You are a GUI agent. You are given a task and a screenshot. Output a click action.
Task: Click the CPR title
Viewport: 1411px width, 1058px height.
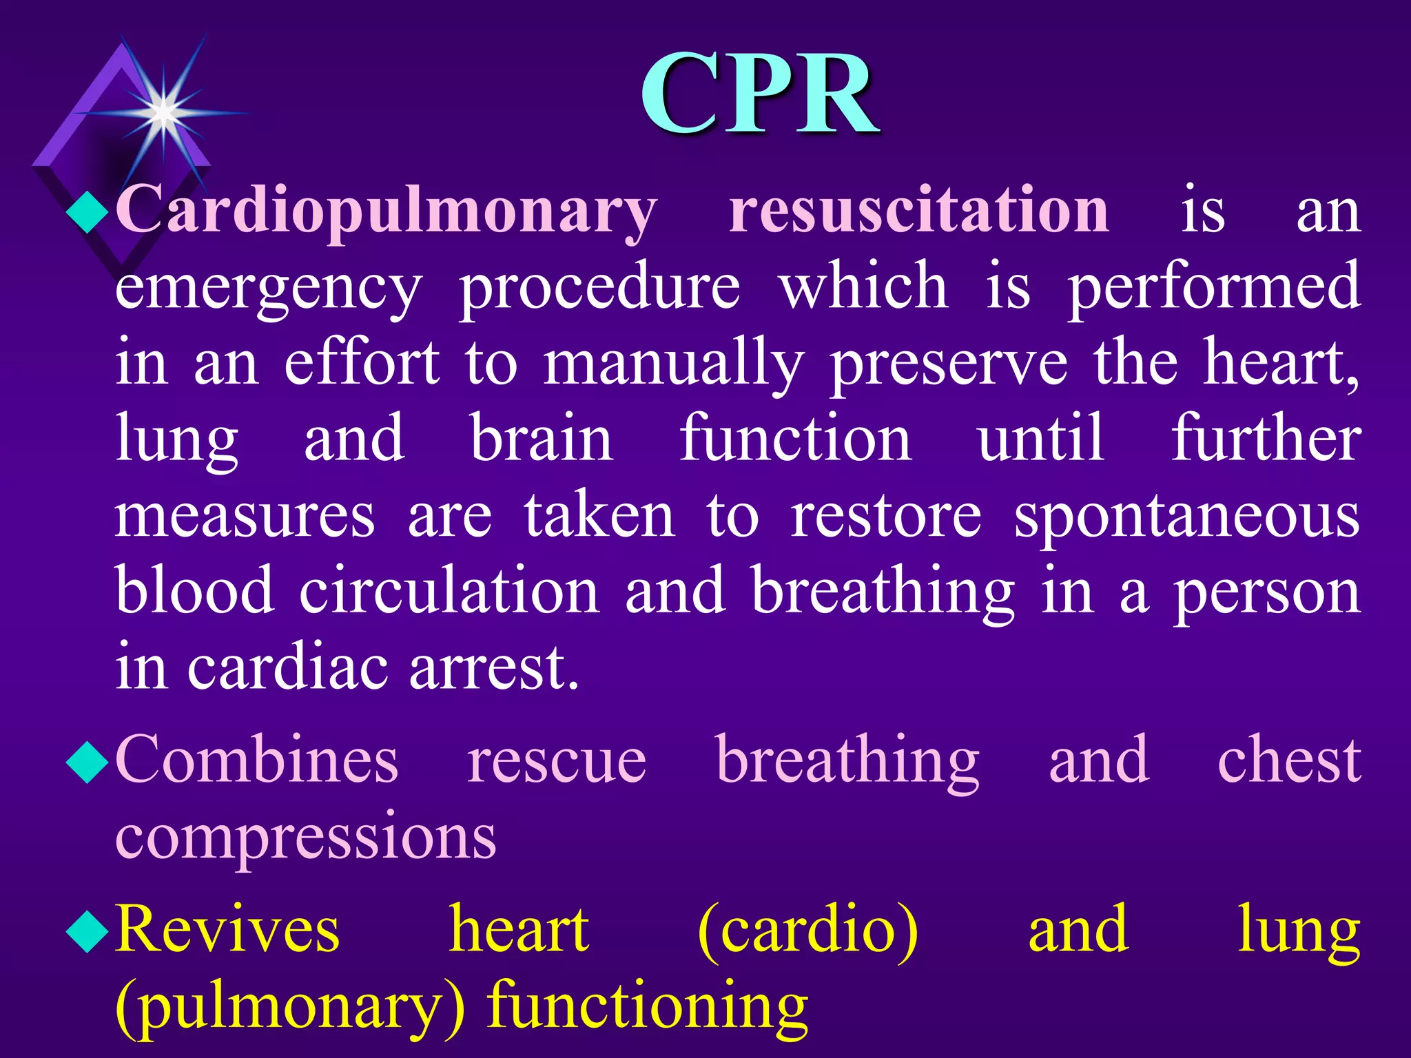point(760,94)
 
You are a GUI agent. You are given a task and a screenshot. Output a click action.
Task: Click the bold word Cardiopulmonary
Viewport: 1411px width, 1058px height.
point(386,210)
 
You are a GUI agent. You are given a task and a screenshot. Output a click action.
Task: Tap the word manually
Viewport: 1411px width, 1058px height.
point(673,365)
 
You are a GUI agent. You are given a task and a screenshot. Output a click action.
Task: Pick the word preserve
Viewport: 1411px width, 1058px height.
point(949,365)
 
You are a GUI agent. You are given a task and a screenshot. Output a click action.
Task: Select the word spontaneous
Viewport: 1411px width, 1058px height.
point(1186,518)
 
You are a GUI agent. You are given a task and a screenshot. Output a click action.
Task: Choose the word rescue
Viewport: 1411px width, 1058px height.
point(557,760)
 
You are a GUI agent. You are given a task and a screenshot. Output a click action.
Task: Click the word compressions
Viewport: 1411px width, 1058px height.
point(305,837)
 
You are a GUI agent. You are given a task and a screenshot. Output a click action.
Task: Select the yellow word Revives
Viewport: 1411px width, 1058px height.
point(227,929)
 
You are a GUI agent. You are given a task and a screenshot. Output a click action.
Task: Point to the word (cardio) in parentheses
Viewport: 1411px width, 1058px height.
point(807,929)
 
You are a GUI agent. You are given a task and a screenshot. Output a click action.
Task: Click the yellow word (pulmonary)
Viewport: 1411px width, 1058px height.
point(290,1007)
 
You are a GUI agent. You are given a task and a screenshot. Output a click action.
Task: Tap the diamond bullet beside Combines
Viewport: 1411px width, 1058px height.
point(87,763)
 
